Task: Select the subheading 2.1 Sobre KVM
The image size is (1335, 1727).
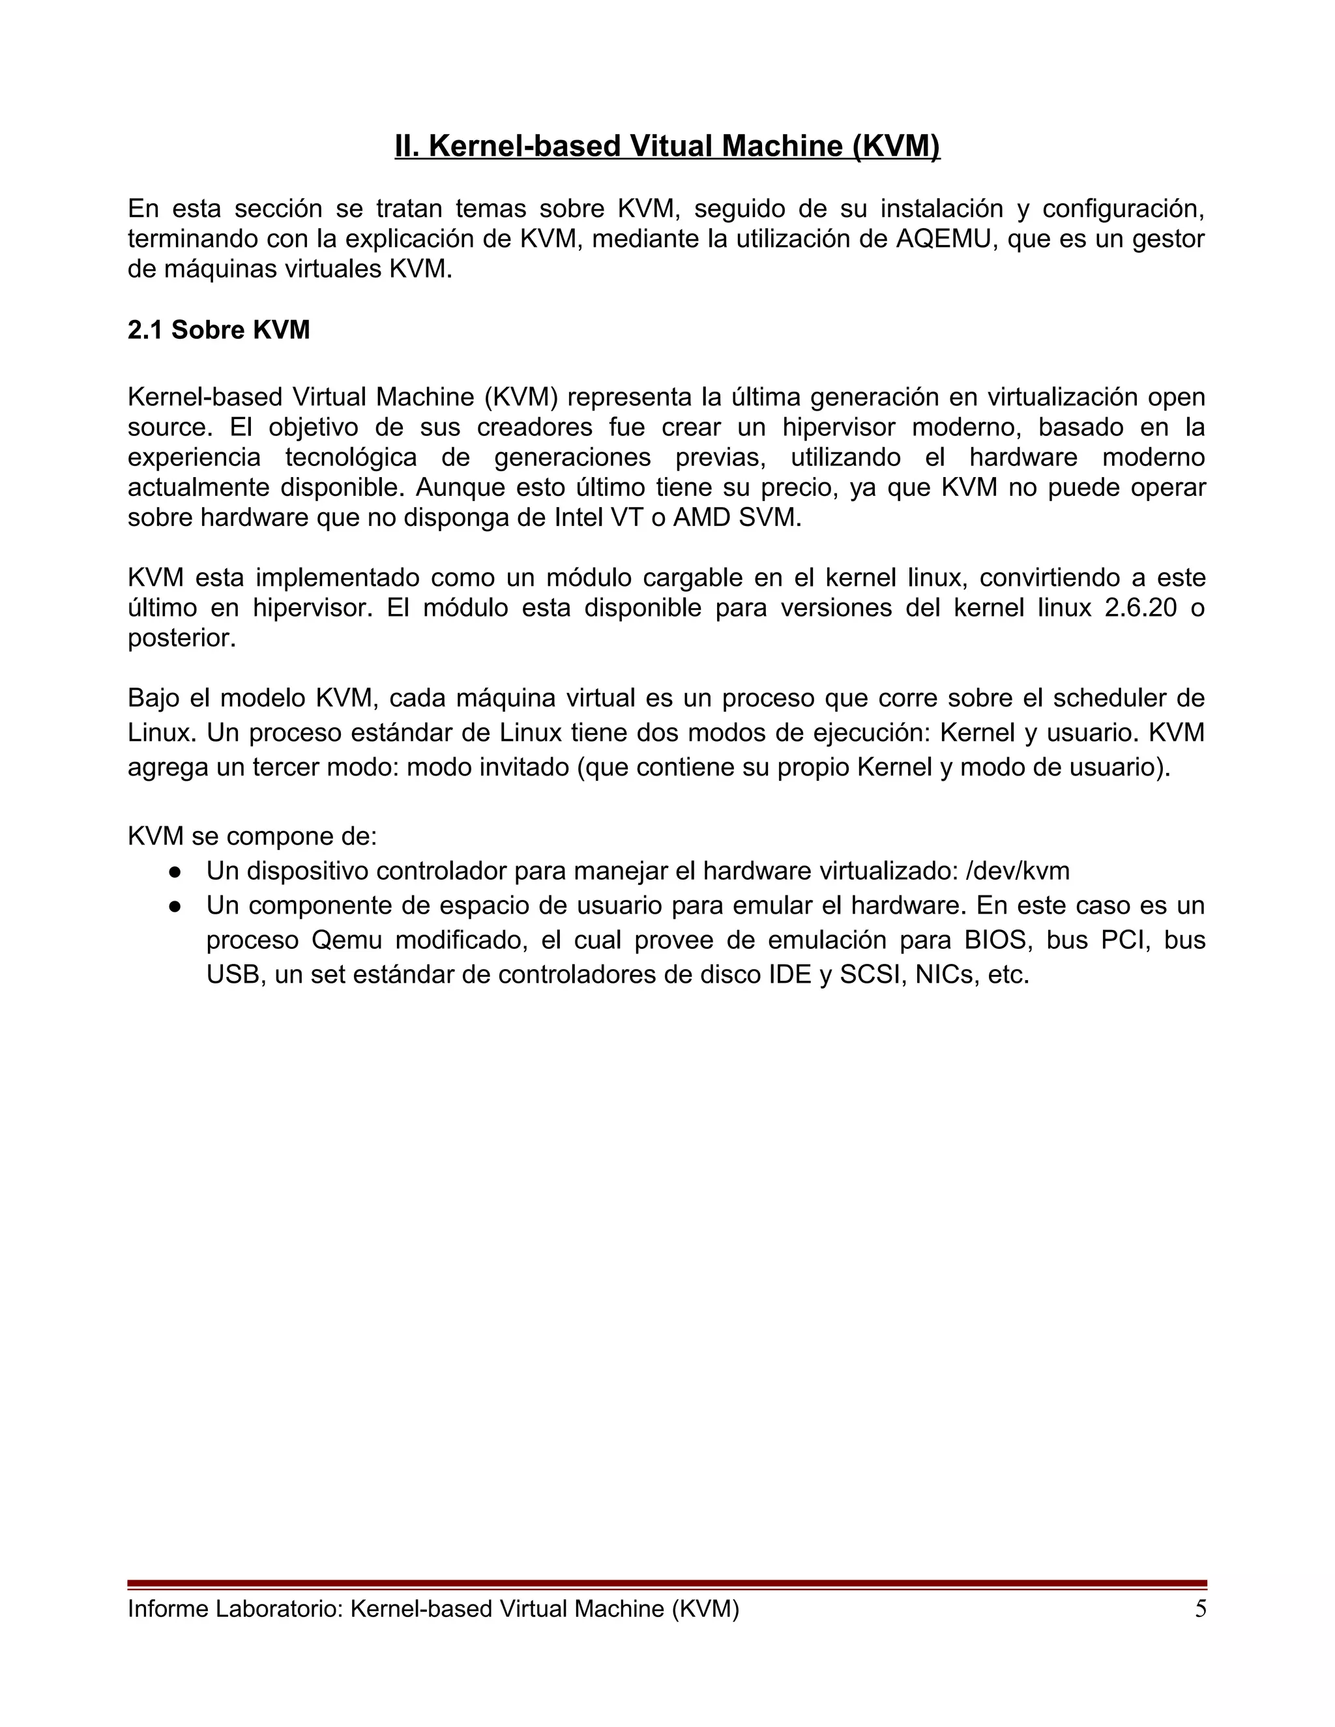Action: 218,330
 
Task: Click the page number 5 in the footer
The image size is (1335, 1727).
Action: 1201,1609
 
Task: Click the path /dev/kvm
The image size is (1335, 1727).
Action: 1017,871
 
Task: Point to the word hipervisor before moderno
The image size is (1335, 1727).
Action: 838,428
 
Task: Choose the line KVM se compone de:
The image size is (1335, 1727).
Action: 252,837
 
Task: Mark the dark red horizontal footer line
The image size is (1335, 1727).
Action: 667,1584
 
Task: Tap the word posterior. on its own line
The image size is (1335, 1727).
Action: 182,639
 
